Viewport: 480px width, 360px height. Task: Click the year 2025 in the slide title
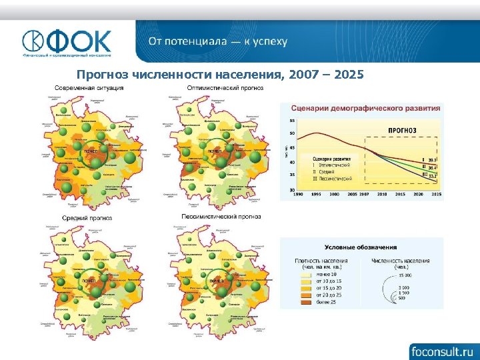click(349, 75)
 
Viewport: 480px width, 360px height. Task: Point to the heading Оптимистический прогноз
click(225, 88)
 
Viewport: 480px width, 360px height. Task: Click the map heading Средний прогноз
click(87, 218)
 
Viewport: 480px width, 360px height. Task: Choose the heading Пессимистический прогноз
click(221, 217)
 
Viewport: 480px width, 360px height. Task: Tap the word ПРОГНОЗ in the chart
click(402, 130)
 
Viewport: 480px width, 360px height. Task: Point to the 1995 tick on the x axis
click(316, 194)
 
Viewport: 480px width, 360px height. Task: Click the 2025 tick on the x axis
click(435, 194)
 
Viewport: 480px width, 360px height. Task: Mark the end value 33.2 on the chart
click(433, 176)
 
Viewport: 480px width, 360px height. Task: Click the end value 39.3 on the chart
click(433, 161)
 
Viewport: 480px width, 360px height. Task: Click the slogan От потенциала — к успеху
click(218, 41)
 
